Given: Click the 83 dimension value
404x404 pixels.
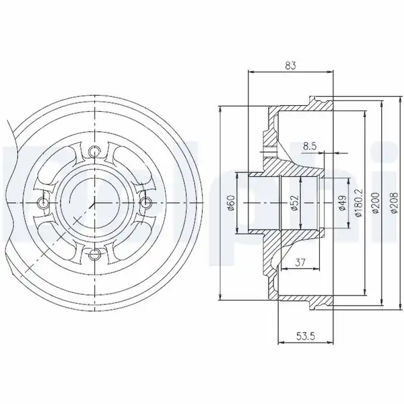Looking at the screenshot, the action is tap(290, 65).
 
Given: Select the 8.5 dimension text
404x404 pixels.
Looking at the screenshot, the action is tap(310, 146).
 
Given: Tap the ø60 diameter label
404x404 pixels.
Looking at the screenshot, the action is tap(232, 203).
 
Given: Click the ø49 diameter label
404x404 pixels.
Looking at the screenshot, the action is tap(342, 203).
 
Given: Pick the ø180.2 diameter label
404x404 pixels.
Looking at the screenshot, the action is tap(358, 203).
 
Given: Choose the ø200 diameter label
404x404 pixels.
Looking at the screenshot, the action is tap(376, 203).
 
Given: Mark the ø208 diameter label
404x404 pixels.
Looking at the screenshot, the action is tap(394, 203).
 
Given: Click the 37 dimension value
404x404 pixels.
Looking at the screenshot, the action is tap(300, 263).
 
